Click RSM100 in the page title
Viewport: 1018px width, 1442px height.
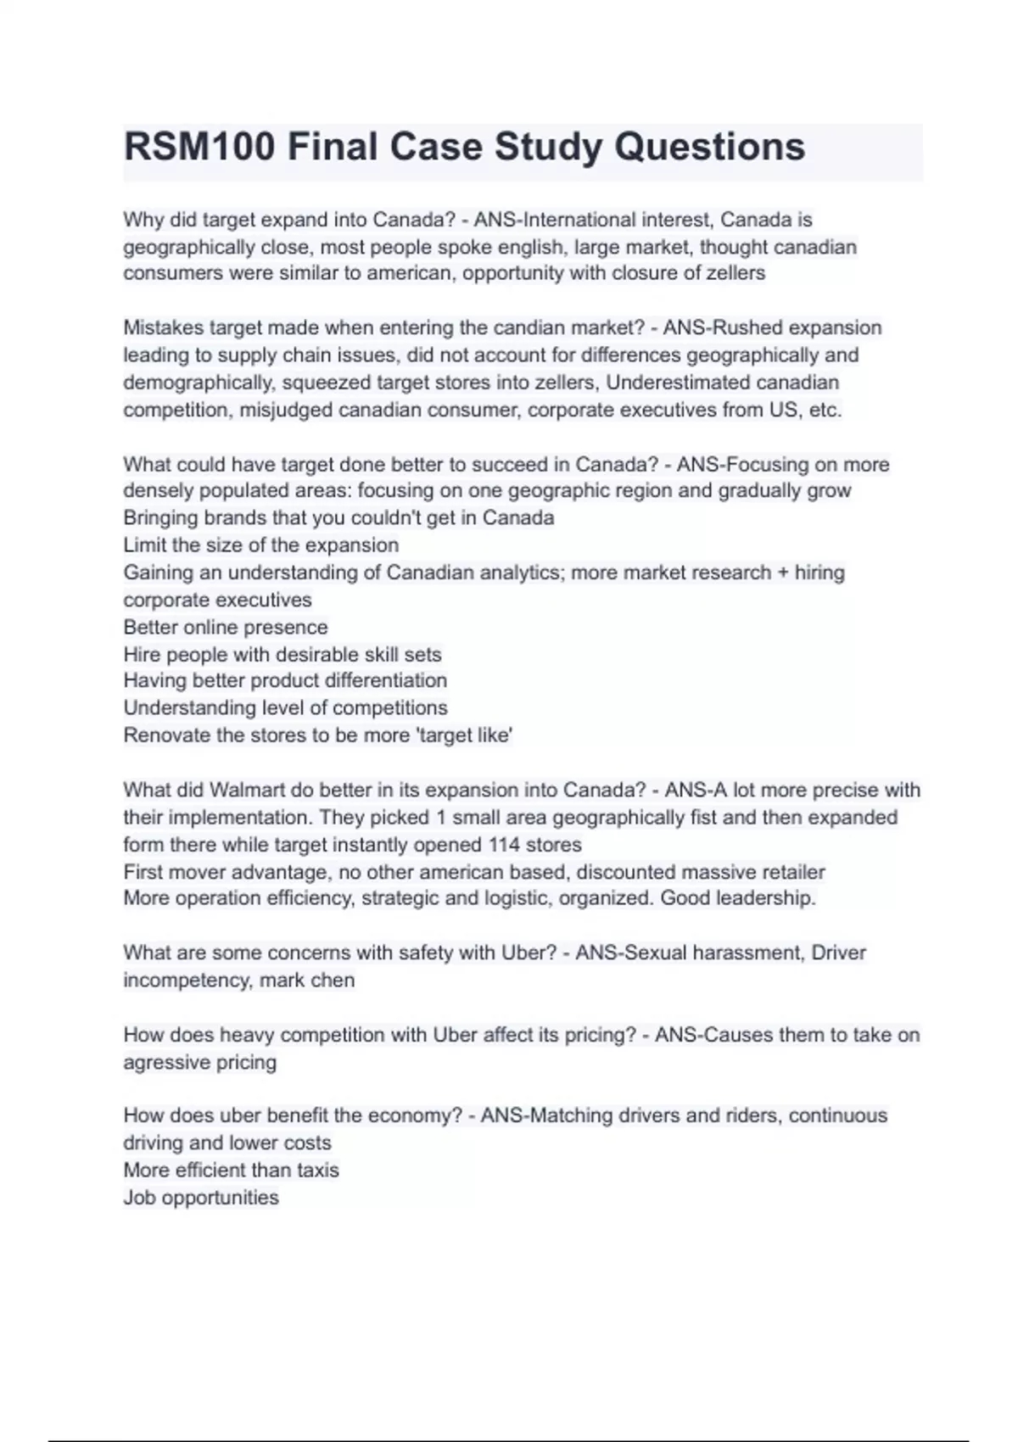pyautogui.click(x=199, y=148)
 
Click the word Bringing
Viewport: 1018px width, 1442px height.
pyautogui.click(x=161, y=518)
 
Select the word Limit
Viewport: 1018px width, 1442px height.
pyautogui.click(x=144, y=545)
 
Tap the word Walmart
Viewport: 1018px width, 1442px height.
pyautogui.click(x=247, y=791)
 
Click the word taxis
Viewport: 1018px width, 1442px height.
pyautogui.click(x=317, y=1171)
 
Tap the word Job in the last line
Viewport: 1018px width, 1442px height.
pyautogui.click(x=139, y=1198)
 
